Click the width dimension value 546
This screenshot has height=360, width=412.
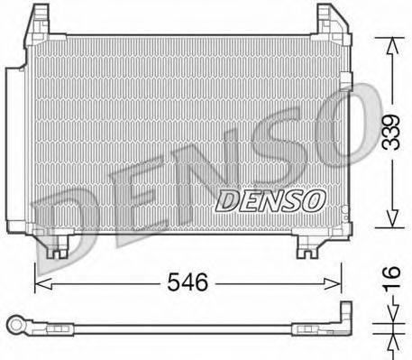click(x=188, y=282)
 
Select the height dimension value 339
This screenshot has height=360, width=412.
click(x=390, y=133)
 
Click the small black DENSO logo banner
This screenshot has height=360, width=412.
click(x=268, y=198)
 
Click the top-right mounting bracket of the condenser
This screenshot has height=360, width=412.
click(x=329, y=20)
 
